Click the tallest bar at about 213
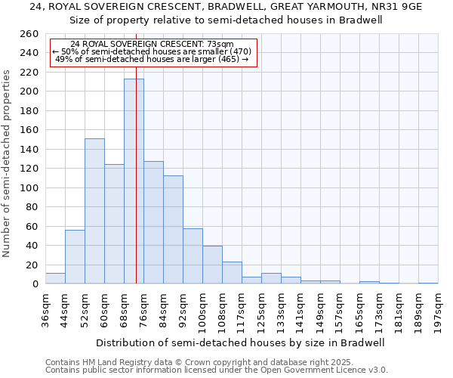click(x=134, y=181)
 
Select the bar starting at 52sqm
click(x=94, y=211)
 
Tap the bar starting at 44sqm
click(x=75, y=257)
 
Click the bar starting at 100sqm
click(x=212, y=265)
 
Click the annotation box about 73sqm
click(x=153, y=52)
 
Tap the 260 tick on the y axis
click(x=30, y=34)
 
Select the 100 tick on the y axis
click(x=30, y=187)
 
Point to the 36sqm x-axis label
click(x=45, y=309)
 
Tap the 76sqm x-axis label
click(x=143, y=309)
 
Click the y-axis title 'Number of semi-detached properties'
click(x=8, y=163)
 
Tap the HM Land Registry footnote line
click(x=199, y=362)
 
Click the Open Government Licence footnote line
click(x=217, y=370)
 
